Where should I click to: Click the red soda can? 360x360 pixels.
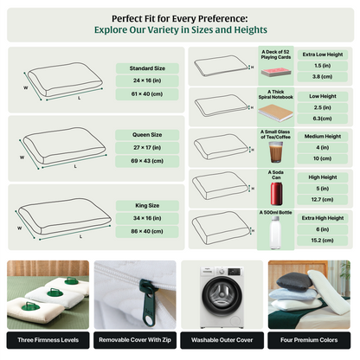tap(276, 194)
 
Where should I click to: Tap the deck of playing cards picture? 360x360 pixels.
tap(276, 72)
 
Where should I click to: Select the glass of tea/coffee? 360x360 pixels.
tap(276, 153)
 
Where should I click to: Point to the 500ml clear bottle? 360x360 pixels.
tap(275, 233)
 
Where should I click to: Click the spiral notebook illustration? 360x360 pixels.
tap(275, 113)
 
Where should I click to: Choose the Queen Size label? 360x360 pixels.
tap(147, 135)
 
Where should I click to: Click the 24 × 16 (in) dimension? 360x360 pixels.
tap(147, 80)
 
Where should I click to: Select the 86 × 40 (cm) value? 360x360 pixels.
tap(147, 231)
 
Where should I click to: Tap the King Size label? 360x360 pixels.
tap(147, 205)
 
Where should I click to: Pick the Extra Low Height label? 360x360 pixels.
tap(323, 55)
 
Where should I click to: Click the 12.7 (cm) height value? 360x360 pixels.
tap(322, 199)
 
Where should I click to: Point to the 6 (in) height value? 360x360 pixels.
tap(322, 229)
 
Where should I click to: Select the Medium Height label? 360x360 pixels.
tap(323, 136)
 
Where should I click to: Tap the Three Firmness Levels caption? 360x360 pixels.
tap(48, 340)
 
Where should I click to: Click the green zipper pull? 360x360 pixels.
tap(148, 302)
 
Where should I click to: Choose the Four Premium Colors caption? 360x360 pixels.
tap(309, 340)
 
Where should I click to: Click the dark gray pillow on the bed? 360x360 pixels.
tap(293, 281)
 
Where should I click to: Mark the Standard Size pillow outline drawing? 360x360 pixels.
tap(65, 80)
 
